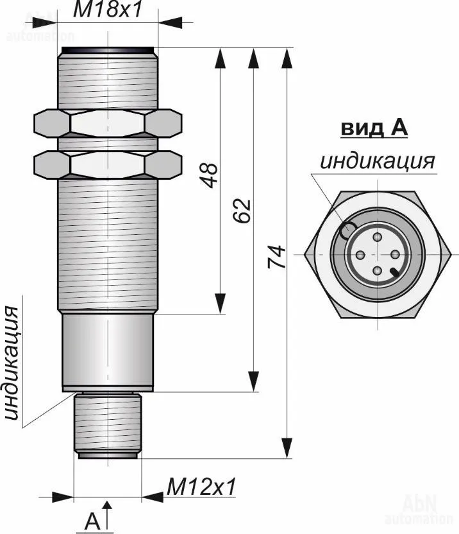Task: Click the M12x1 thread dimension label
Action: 201,486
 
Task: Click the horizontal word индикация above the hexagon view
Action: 378,161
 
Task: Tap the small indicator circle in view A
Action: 348,230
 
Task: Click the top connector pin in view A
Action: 378,239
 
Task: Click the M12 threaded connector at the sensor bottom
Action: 106,425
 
